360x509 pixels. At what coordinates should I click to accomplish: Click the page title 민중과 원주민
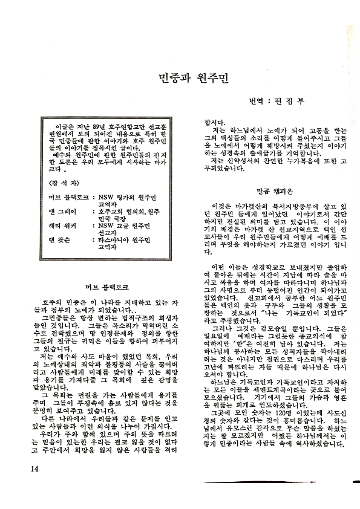192,79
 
